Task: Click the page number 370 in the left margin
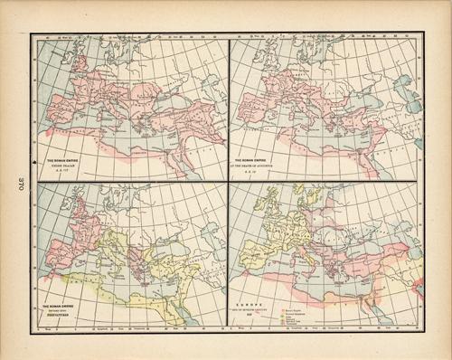[x=15, y=181]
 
